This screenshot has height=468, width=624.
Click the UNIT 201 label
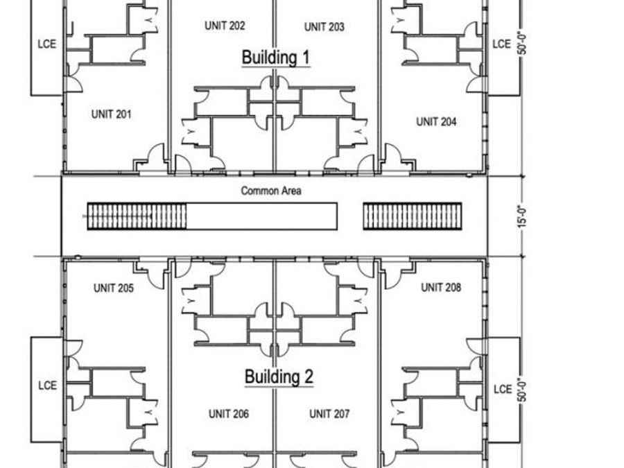pyautogui.click(x=112, y=114)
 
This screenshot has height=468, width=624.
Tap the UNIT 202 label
pyautogui.click(x=225, y=26)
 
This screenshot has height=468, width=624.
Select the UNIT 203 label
pyautogui.click(x=324, y=27)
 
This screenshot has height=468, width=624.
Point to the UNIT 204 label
pyautogui.click(x=436, y=122)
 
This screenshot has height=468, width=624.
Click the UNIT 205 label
pyautogui.click(x=114, y=288)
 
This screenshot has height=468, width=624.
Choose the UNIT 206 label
pyautogui.click(x=229, y=414)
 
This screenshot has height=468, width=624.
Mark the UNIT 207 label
pyautogui.click(x=329, y=414)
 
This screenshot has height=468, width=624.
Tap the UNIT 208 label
pyautogui.click(x=441, y=287)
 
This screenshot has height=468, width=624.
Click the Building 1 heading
pyautogui.click(x=275, y=58)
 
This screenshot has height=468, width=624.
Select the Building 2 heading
pyautogui.click(x=279, y=376)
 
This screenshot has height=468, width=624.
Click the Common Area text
pyautogui.click(x=271, y=191)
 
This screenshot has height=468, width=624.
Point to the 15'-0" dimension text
pyautogui.click(x=523, y=216)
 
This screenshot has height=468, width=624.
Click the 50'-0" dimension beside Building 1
pyautogui.click(x=523, y=44)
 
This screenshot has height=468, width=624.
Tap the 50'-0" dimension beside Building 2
pyautogui.click(x=523, y=390)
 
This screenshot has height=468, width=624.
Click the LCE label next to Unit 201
pyautogui.click(x=47, y=44)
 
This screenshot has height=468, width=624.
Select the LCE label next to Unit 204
pyautogui.click(x=501, y=44)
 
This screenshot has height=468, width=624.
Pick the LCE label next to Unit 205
pyautogui.click(x=47, y=385)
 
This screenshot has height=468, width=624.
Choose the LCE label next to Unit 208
pyautogui.click(x=503, y=389)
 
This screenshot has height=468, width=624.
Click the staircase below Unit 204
pyautogui.click(x=413, y=216)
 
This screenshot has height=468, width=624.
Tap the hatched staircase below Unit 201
pyautogui.click(x=137, y=216)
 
